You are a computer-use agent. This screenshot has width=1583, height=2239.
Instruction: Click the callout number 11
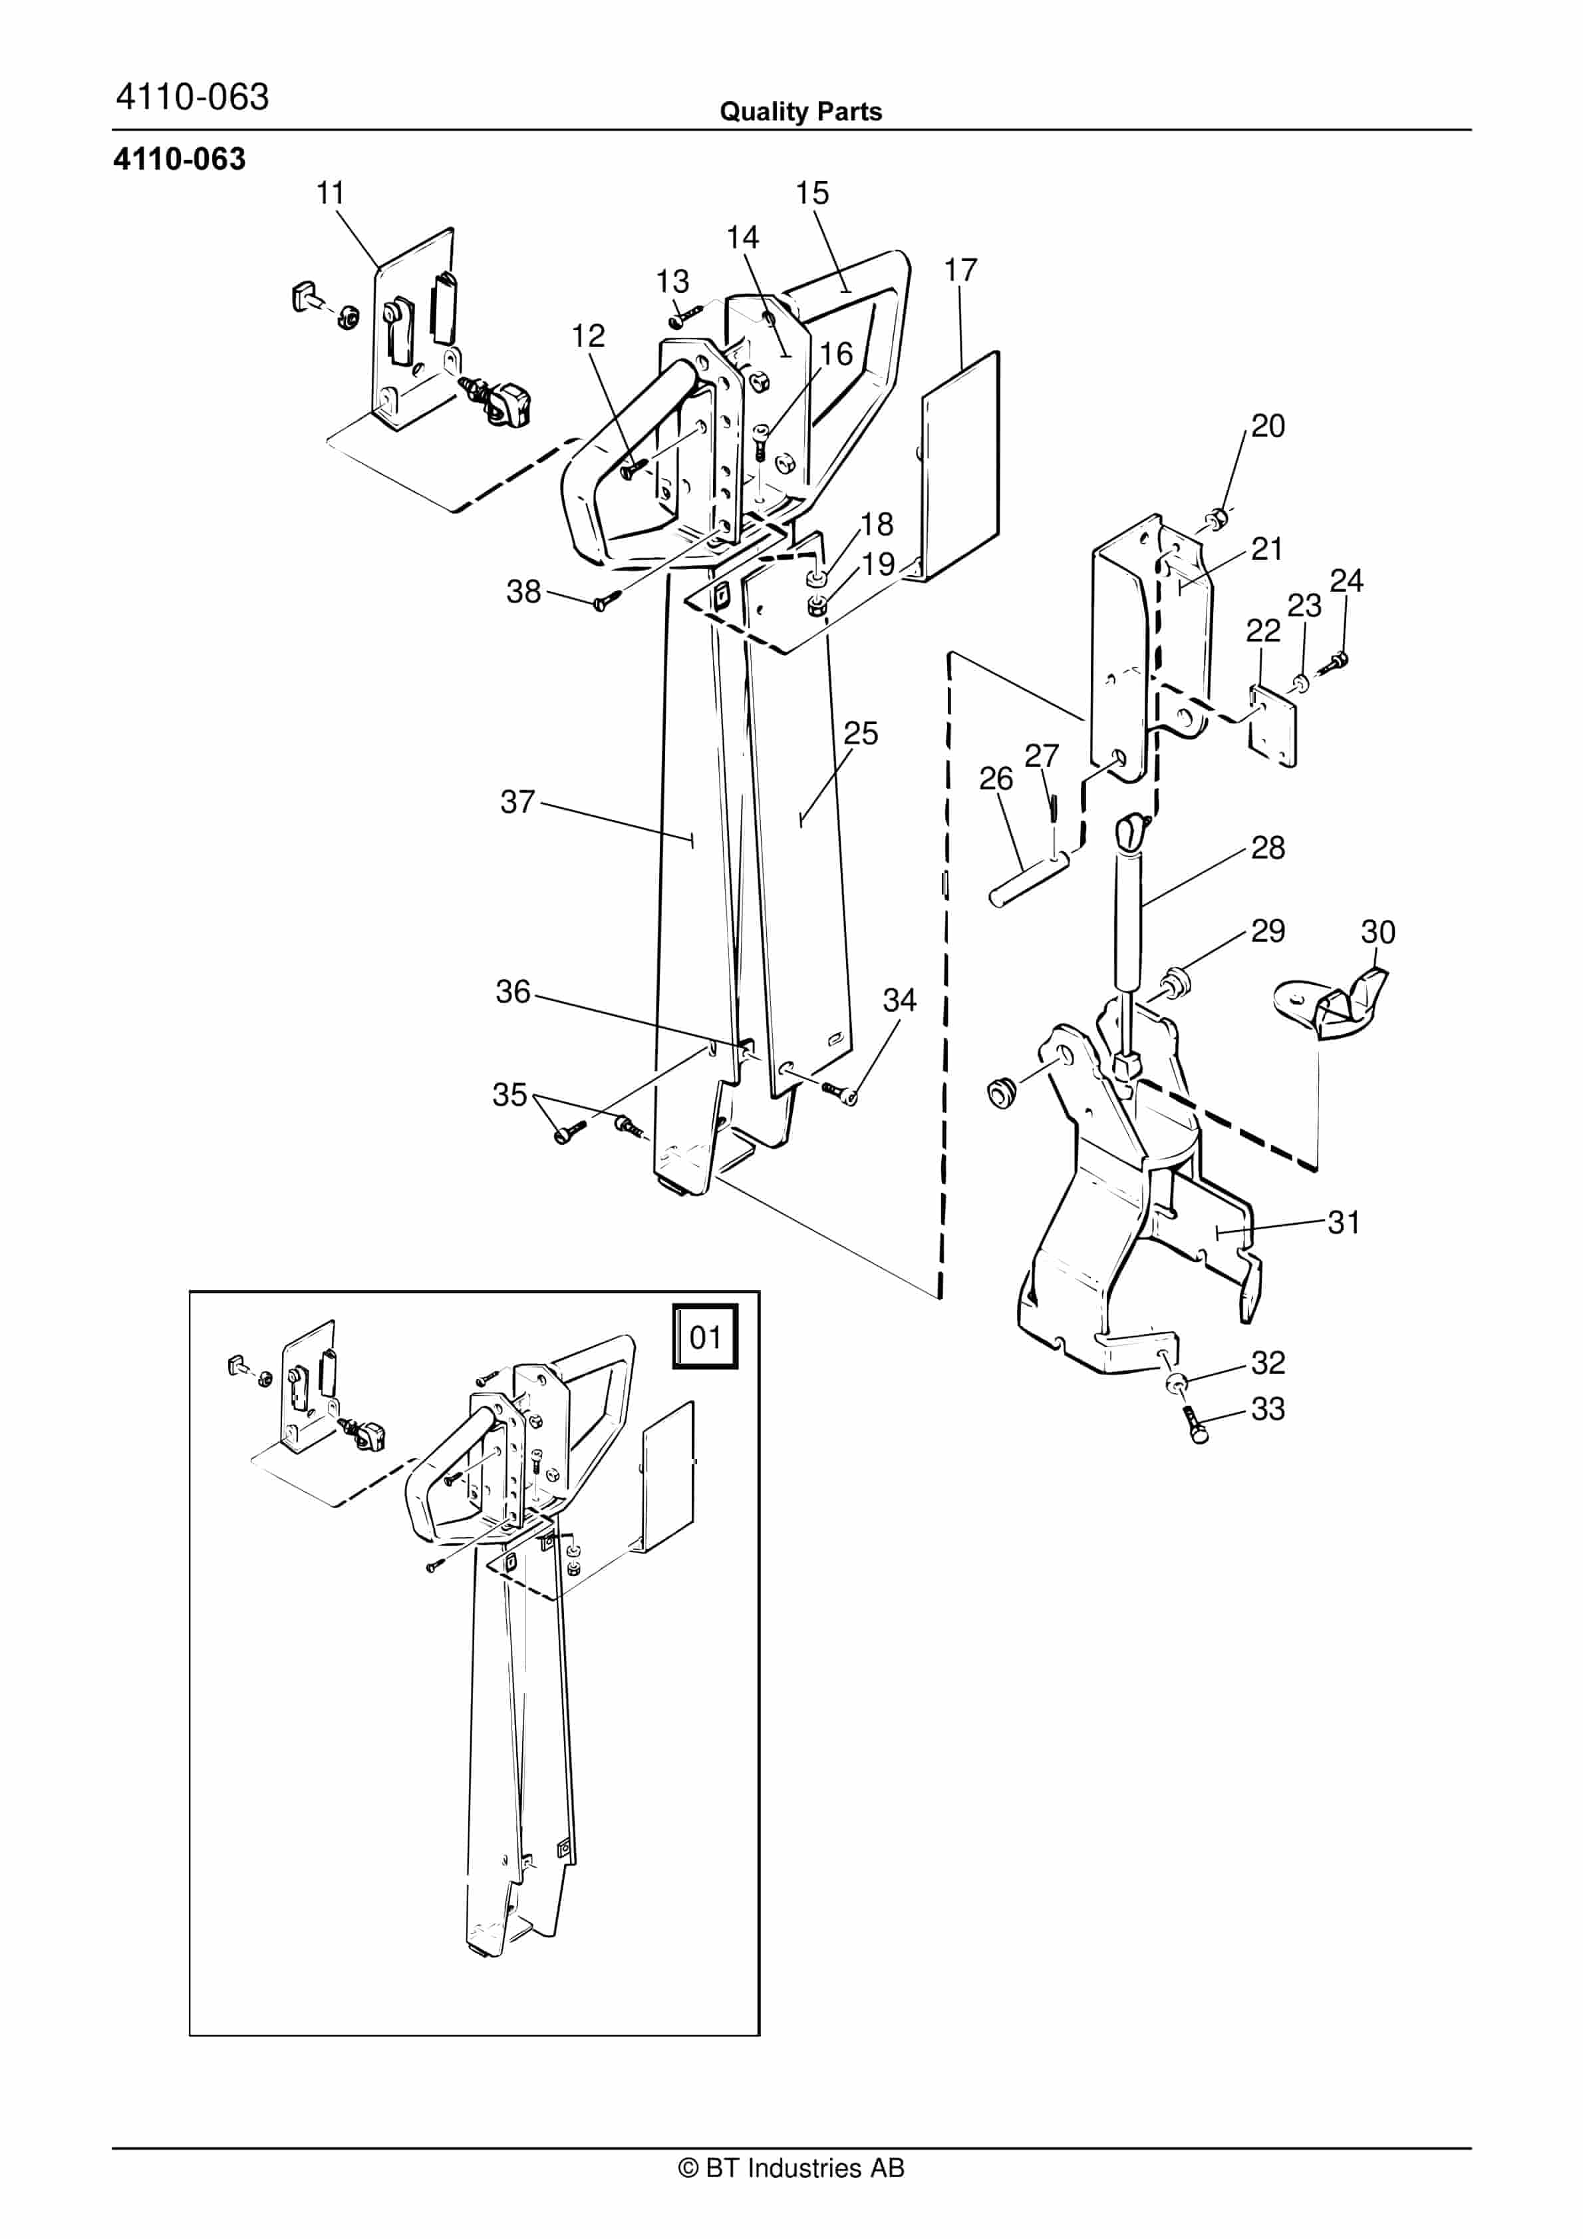coord(331,193)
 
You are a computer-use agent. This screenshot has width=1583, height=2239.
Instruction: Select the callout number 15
coord(812,193)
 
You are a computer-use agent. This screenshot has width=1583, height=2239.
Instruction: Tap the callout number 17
coord(960,270)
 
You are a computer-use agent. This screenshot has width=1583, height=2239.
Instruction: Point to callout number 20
coord(1267,426)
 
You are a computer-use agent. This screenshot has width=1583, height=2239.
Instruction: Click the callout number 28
coord(1267,847)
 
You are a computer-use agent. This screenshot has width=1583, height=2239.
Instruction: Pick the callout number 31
coord(1343,1222)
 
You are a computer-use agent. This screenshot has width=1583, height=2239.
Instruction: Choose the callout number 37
coord(517,801)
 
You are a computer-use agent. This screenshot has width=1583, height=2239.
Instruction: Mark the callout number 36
coord(513,992)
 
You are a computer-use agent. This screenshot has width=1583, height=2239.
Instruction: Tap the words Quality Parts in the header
coord(800,112)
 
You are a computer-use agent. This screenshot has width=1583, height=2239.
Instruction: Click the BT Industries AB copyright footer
coord(791,2168)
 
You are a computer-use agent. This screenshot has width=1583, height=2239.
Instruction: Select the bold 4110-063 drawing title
coord(180,159)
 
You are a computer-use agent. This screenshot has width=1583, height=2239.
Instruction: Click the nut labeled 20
coord(1217,517)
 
